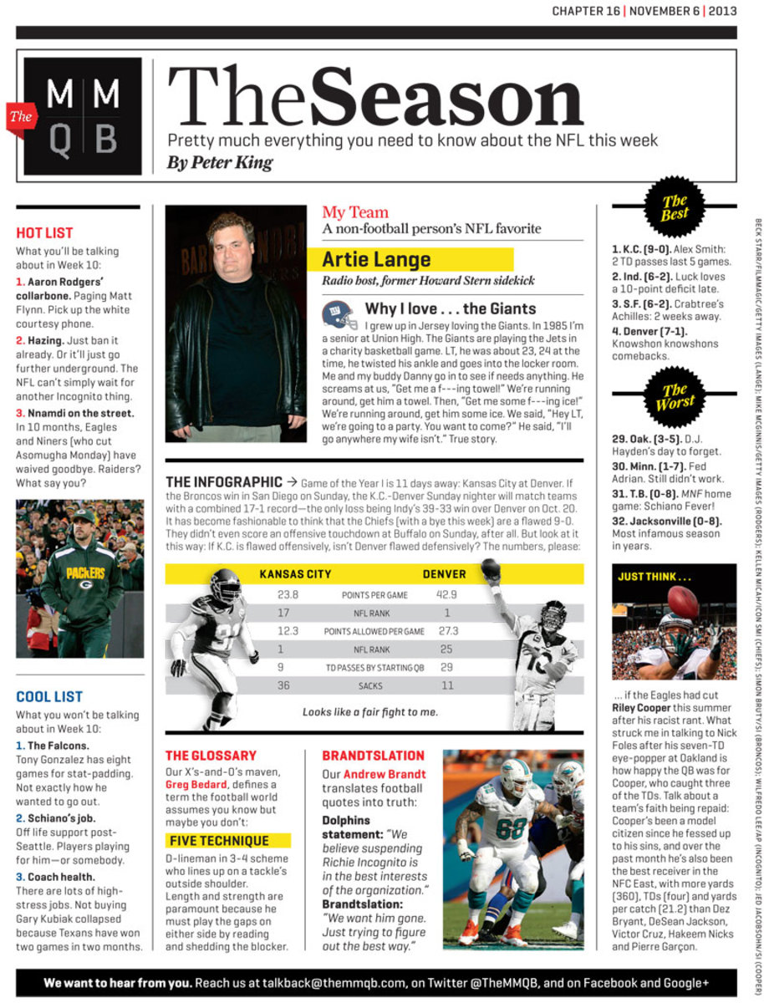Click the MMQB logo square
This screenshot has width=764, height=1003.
[82, 116]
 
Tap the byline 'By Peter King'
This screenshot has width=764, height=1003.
[220, 162]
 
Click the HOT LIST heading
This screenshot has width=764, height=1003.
[45, 233]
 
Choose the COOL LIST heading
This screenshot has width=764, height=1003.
[49, 696]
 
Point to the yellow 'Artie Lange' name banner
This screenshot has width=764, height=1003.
[417, 259]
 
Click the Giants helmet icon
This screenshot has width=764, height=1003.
[339, 315]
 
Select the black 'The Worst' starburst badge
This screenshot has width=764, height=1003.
[675, 396]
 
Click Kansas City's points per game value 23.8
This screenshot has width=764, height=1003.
[288, 595]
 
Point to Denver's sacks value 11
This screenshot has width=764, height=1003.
[447, 685]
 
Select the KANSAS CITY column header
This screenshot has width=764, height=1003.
[295, 574]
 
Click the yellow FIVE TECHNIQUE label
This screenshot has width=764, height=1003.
[217, 841]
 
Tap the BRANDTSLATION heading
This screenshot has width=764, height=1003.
[373, 756]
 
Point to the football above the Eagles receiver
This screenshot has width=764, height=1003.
[683, 602]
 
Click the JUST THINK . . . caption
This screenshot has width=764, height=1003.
[654, 577]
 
